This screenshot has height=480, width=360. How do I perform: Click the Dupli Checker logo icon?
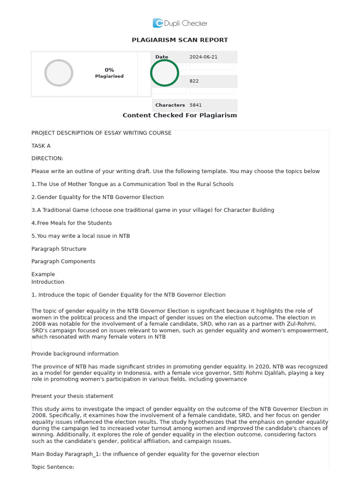click(157, 23)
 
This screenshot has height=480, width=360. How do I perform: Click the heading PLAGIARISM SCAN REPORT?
click(180, 40)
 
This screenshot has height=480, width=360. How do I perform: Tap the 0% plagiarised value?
click(109, 70)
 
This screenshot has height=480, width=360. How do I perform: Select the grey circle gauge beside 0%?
click(59, 73)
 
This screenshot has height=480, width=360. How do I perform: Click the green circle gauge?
click(165, 73)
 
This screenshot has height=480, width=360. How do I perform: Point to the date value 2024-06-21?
click(203, 57)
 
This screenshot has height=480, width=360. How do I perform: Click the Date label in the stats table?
click(162, 57)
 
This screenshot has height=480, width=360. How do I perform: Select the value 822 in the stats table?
click(194, 81)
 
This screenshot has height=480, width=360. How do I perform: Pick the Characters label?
click(170, 105)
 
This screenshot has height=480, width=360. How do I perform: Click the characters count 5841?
click(195, 105)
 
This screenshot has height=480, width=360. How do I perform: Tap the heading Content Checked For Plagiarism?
click(180, 115)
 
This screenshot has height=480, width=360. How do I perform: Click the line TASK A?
click(41, 146)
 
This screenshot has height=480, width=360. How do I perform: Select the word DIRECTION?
click(47, 158)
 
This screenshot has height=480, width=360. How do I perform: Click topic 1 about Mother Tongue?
click(132, 184)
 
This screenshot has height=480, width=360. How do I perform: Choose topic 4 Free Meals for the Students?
click(72, 223)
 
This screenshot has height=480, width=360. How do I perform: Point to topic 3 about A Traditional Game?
click(153, 210)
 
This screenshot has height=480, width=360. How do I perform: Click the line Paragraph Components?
click(63, 262)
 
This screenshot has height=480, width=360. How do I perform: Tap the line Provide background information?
click(75, 354)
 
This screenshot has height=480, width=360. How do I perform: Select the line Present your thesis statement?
click(72, 396)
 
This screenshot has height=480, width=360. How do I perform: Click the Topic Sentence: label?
click(52, 467)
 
